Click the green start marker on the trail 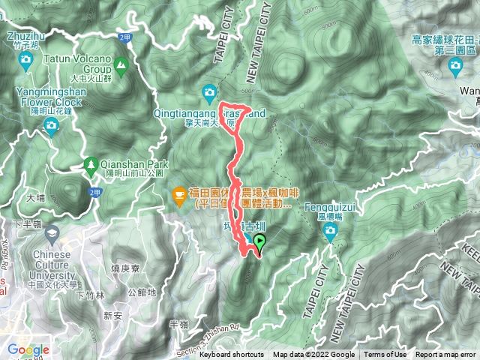pos(259,242)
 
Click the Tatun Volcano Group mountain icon pos(120,62)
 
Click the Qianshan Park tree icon pos(91,162)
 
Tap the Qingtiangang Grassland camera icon pos(209,93)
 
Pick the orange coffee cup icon pos(178,196)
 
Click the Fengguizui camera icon pos(331,233)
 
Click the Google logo pos(28,349)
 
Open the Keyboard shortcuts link pos(231,355)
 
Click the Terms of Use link pos(385,355)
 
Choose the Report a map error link pos(445,355)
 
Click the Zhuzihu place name pos(25,35)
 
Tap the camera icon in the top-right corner pos(454,65)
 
